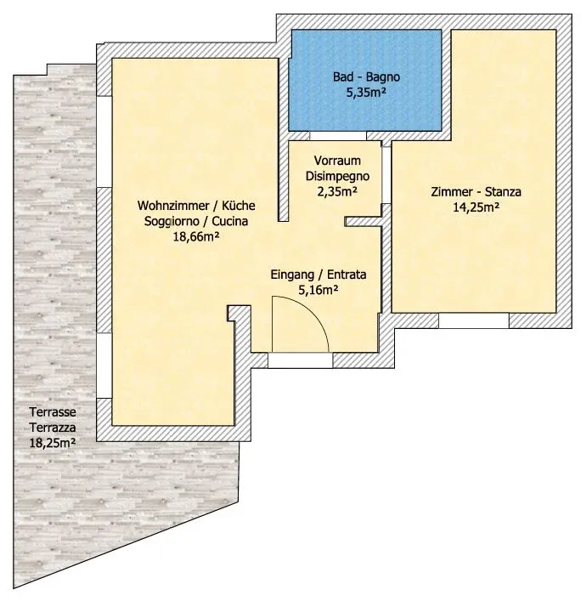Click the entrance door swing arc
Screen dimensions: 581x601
(x=312, y=311)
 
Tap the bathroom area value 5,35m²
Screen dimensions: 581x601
(x=366, y=93)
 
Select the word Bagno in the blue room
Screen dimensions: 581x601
(x=383, y=77)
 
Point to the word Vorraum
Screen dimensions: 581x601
(x=337, y=161)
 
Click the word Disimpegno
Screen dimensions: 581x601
(x=337, y=176)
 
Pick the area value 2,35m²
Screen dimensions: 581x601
(x=337, y=191)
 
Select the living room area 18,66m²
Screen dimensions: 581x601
(x=196, y=237)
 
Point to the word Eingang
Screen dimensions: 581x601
(x=292, y=275)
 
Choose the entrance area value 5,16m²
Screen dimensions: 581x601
(x=319, y=291)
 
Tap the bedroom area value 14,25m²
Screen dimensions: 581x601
(x=476, y=207)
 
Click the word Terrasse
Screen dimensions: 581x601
(x=53, y=412)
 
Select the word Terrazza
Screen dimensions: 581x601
(x=53, y=428)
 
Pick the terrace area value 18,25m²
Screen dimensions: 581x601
(x=53, y=443)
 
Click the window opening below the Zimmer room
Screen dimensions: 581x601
(x=474, y=320)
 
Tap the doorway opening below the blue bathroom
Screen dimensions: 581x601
(x=338, y=136)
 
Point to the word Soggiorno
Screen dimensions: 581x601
(x=172, y=222)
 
